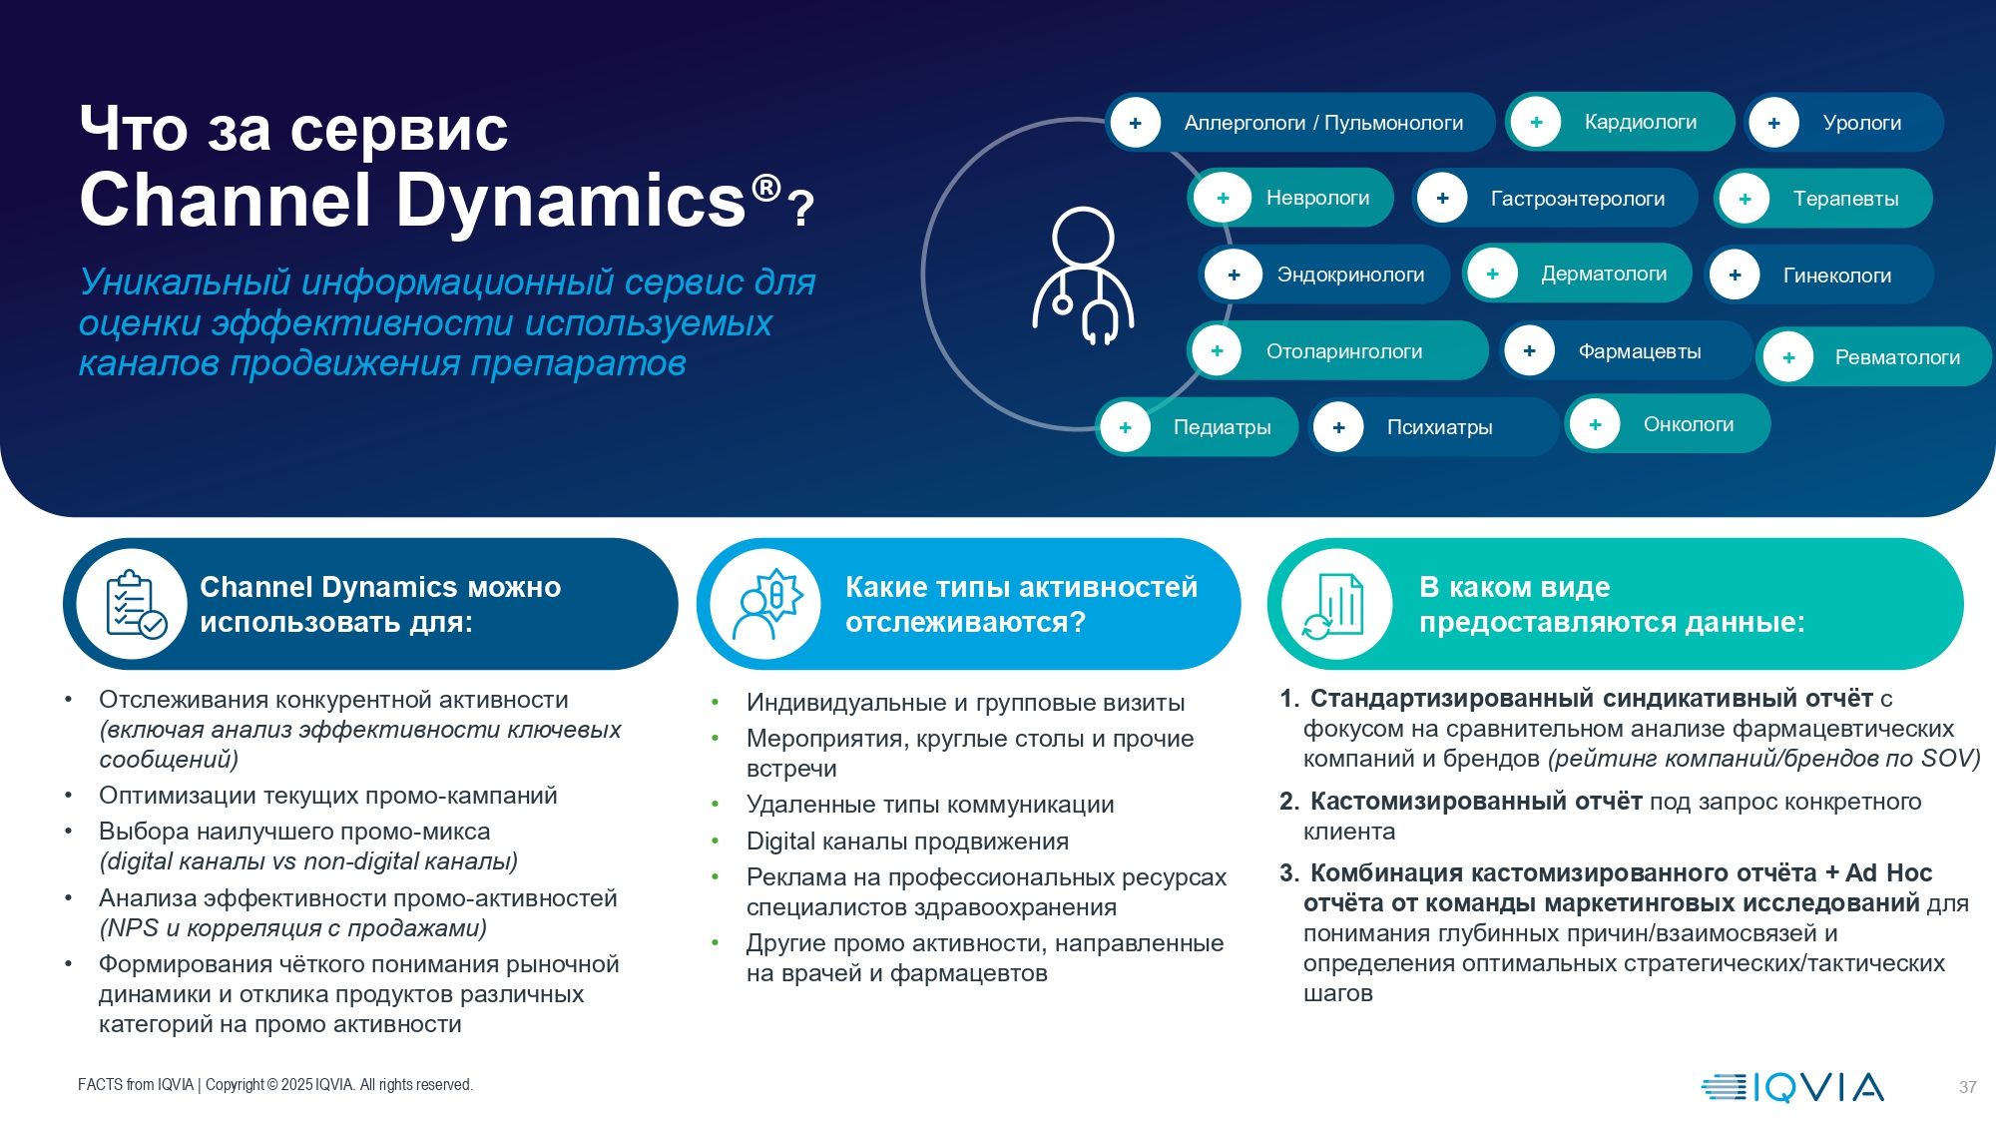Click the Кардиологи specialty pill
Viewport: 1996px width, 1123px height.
click(1621, 122)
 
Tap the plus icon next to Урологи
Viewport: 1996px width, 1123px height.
click(1773, 123)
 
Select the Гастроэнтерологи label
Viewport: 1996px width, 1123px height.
click(1577, 199)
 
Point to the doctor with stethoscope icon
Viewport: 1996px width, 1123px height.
click(1083, 276)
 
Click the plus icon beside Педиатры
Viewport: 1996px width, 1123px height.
click(1125, 427)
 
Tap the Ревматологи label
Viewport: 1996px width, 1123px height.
click(1896, 357)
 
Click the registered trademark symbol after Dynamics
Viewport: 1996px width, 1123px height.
click(765, 188)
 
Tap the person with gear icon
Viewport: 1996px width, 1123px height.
click(767, 603)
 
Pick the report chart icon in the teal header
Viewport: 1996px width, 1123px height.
click(1335, 604)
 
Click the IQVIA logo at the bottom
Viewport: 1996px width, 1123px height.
click(1792, 1086)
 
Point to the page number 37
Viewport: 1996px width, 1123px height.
click(1967, 1087)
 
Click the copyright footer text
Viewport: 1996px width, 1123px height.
click(275, 1085)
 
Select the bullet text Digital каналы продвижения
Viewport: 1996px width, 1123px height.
click(907, 842)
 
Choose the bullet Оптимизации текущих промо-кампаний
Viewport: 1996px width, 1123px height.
click(327, 796)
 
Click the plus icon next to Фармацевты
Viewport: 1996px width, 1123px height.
click(1529, 351)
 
